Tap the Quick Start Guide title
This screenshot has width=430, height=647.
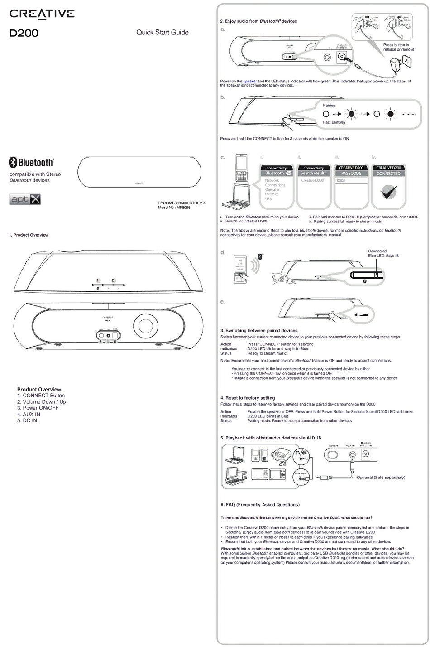point(162,32)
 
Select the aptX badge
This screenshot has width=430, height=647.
point(25,199)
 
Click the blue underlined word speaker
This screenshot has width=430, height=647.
point(250,81)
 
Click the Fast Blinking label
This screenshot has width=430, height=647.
point(334,122)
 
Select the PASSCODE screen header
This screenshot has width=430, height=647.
point(351,174)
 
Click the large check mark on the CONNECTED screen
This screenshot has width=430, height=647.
point(388,192)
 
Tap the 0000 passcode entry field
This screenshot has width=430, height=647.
point(351,181)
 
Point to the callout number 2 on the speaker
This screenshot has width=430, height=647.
point(113,280)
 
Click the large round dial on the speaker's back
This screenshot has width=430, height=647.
point(147,326)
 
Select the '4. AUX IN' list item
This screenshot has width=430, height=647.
point(29,414)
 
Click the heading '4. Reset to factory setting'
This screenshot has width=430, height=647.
point(248,398)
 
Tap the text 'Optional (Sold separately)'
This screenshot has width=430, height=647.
point(381,478)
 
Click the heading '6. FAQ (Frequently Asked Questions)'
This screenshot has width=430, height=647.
point(260,504)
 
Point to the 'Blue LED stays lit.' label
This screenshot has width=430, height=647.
point(383,256)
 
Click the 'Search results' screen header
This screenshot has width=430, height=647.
point(313,174)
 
